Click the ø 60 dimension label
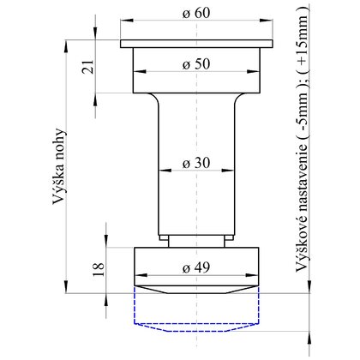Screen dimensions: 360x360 pos(196,13)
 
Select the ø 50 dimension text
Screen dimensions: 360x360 pos(196,64)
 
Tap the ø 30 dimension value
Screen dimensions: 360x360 pos(196,163)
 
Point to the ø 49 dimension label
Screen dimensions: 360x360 pos(196,267)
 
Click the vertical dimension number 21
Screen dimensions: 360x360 pos(88,67)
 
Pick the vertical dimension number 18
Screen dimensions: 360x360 pos(99,269)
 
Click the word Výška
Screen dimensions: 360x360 pos(58,186)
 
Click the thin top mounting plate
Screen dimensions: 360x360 pos(196,44)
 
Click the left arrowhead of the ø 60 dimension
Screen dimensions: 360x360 pos(127,21)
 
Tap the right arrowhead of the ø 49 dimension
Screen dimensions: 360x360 pos(252,275)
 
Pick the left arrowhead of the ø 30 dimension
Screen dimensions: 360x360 pos(165,171)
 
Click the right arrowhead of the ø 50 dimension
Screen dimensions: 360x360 pos(254,71)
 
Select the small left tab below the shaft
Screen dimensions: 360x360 pos(164,237)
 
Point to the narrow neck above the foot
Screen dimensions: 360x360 pos(196,242)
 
